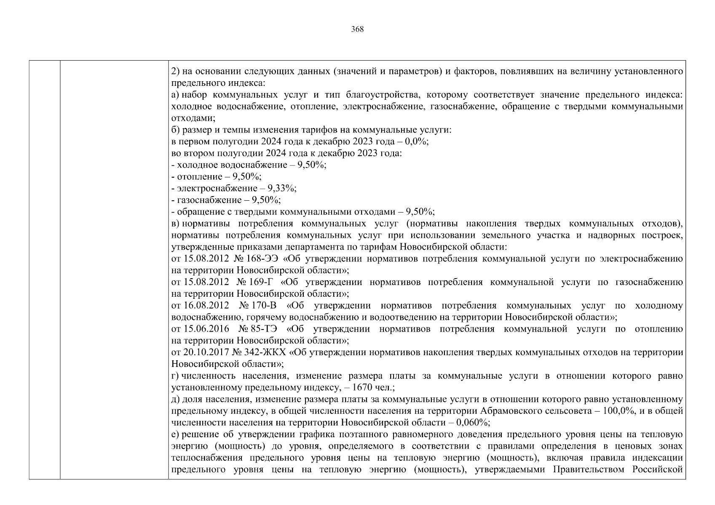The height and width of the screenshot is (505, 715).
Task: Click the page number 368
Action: [x=357, y=29]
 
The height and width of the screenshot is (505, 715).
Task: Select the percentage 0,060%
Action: [x=471, y=423]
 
